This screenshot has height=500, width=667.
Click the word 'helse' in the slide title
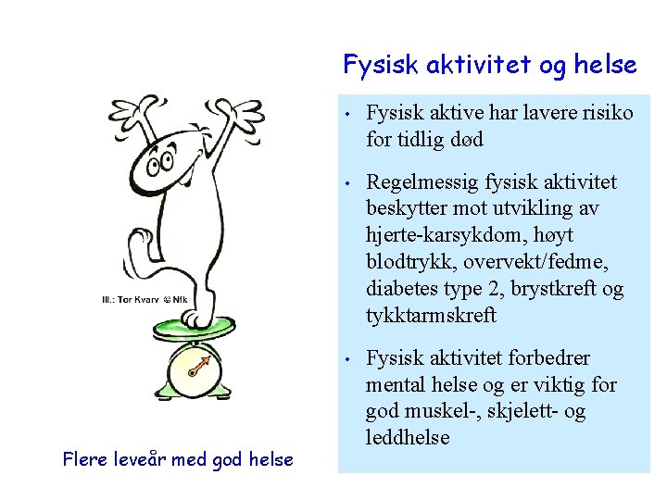(605, 65)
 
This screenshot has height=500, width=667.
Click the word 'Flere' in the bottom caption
(87, 458)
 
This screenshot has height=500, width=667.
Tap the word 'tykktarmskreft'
(432, 316)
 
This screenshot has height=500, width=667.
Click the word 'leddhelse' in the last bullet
(408, 437)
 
